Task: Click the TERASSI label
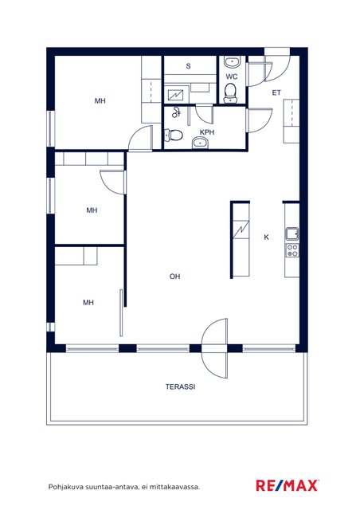point(180,386)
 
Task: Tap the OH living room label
point(174,277)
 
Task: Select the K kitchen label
point(266,237)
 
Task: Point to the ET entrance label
point(276,93)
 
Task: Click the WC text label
point(232,76)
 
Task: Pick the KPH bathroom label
point(207,132)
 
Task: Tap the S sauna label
point(188,66)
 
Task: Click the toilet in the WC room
point(230,93)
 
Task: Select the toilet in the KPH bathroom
point(174,135)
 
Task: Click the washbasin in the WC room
point(233,62)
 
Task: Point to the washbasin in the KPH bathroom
point(200,142)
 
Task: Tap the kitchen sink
point(292,233)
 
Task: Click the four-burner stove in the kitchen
point(292,250)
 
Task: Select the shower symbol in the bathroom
point(176,112)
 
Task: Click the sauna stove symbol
point(175,95)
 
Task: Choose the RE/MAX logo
point(287,485)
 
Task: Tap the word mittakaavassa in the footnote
point(178,487)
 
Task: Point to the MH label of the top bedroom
point(100,101)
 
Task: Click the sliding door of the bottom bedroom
point(121,312)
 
